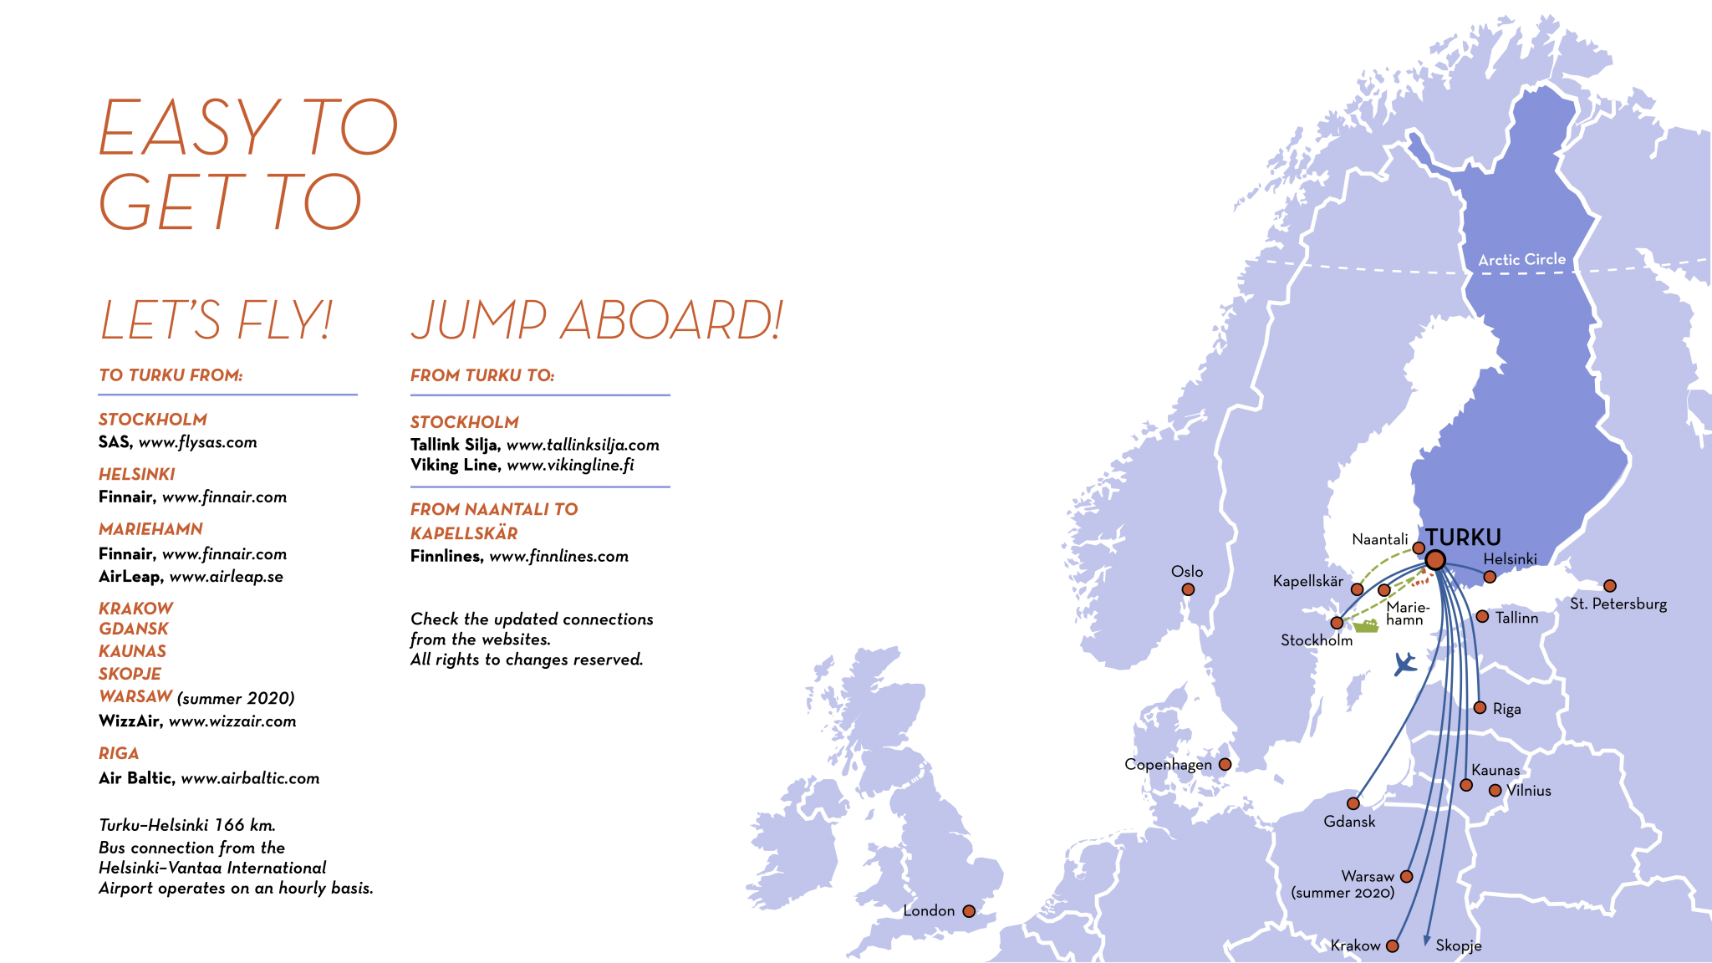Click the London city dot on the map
[x=969, y=911]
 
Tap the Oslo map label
[x=1187, y=572]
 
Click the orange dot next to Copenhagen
[x=1225, y=764]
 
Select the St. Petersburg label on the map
[x=1618, y=604]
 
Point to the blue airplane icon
[x=1405, y=665]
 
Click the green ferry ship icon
[x=1365, y=624]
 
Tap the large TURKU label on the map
[x=1463, y=538]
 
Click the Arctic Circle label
[x=1521, y=260]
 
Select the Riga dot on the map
[x=1480, y=708]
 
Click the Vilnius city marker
[x=1495, y=791]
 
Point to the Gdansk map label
[x=1349, y=822]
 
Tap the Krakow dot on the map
[x=1392, y=946]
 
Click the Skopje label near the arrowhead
[x=1459, y=945]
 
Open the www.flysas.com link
[x=197, y=442]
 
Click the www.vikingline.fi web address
[x=570, y=466]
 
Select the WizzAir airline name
[x=130, y=721]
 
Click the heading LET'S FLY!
[x=217, y=320]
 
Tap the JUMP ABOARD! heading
[x=597, y=320]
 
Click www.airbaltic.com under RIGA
[x=250, y=778]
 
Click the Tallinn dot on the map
[x=1482, y=617]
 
